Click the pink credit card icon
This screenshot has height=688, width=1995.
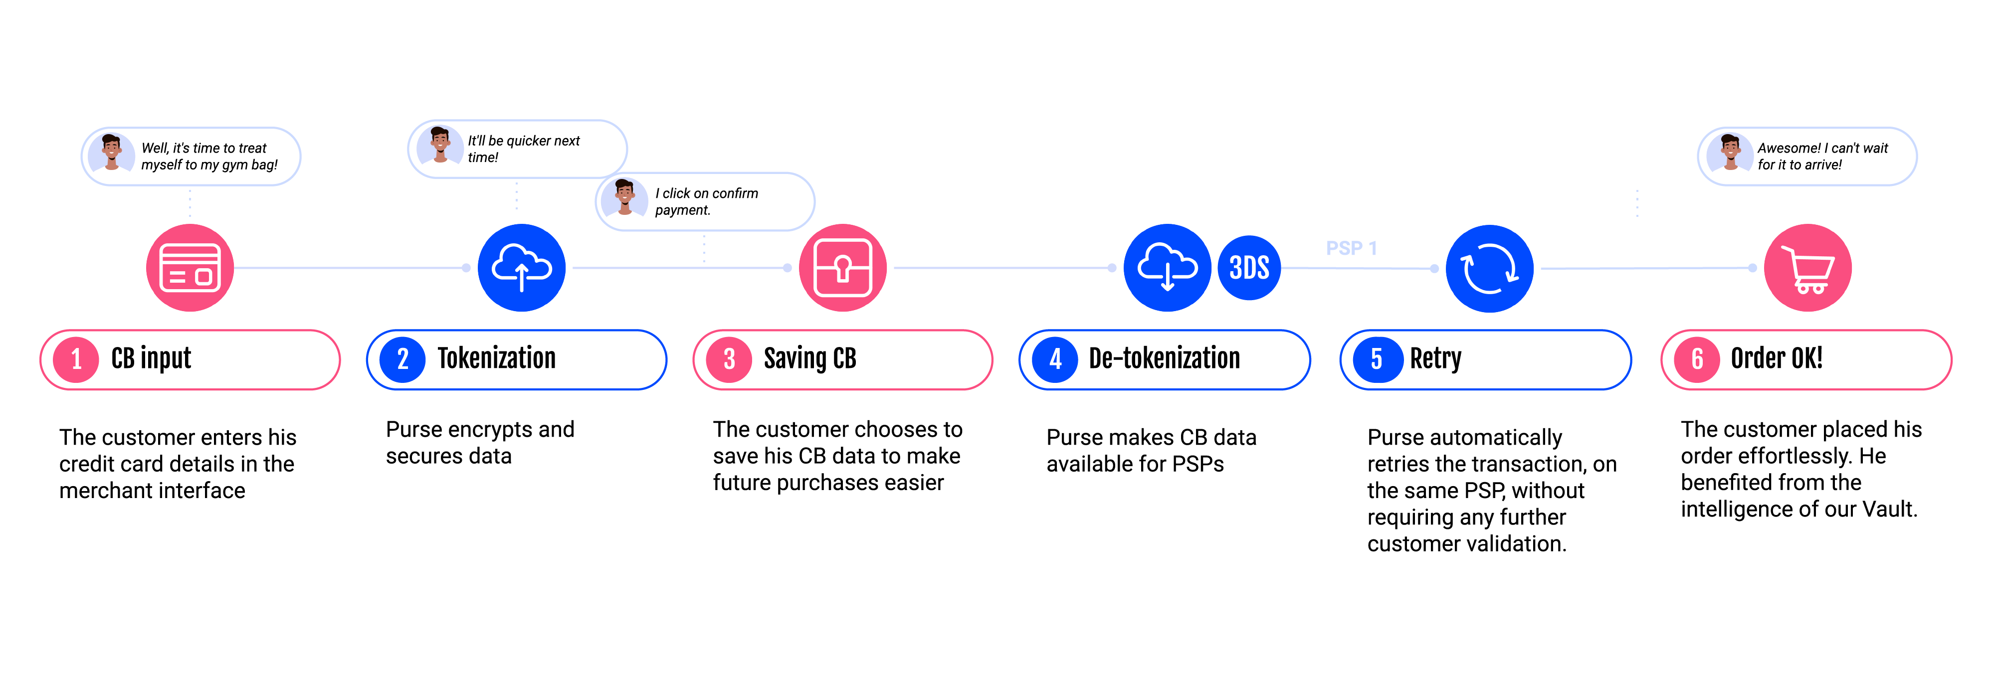[190, 268]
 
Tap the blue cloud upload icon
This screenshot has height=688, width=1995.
[521, 268]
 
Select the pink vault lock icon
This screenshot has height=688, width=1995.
[842, 268]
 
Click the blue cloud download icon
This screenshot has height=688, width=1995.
[1167, 268]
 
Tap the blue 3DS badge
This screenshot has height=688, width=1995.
[1249, 268]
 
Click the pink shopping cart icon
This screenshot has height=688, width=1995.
[1807, 268]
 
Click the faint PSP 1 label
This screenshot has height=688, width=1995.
[1351, 248]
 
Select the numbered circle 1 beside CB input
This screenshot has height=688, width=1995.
[76, 359]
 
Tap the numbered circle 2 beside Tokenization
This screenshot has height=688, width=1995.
[402, 359]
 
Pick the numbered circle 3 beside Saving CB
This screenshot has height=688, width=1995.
[729, 359]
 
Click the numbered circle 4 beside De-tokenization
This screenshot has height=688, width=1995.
[1055, 359]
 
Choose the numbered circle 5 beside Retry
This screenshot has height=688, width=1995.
[1376, 359]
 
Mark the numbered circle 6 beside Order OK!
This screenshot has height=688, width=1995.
[1697, 359]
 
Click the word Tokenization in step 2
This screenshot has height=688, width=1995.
[496, 358]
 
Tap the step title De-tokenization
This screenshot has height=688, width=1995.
[1164, 358]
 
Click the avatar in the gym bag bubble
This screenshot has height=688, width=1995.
[112, 152]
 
